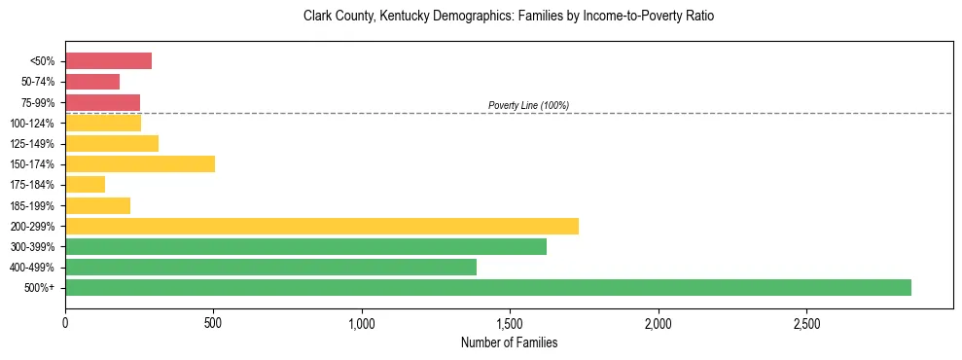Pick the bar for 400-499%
[x=270, y=267]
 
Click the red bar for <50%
[x=108, y=61]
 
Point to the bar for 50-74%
[x=92, y=82]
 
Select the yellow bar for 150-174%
[x=140, y=163]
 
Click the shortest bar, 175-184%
[x=85, y=185]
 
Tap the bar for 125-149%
[x=112, y=143]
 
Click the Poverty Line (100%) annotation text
[x=528, y=105]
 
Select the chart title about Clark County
[x=509, y=17]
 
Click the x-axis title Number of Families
[x=509, y=342]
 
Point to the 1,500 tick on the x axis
[x=510, y=323]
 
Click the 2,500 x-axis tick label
[x=806, y=323]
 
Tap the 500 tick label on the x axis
[x=213, y=323]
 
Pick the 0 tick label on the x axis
[x=65, y=323]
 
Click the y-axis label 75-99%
[x=38, y=103]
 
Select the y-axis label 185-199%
[x=35, y=205]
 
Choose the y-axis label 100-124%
[x=35, y=124]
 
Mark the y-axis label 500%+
[x=41, y=288]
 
